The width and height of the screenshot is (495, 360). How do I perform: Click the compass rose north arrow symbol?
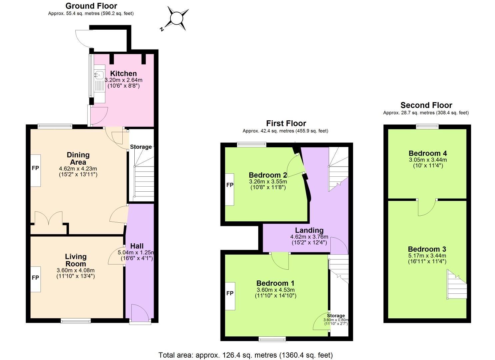tap(176, 18)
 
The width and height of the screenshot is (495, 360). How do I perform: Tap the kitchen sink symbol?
tap(99, 75)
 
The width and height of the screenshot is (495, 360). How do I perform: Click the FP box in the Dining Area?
tap(36, 170)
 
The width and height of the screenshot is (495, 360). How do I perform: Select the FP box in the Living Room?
tap(36, 279)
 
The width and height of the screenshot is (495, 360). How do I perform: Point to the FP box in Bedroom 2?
tap(230, 189)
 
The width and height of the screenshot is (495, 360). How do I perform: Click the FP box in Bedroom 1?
tap(230, 296)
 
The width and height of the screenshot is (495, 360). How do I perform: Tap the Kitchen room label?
tap(123, 73)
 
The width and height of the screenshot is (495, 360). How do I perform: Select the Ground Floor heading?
tap(91, 6)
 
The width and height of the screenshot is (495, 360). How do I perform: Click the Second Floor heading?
tap(426, 105)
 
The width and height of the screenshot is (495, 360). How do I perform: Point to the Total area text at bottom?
tap(245, 355)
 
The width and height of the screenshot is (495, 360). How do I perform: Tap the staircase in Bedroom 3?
tap(457, 285)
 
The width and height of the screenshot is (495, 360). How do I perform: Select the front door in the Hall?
tap(140, 313)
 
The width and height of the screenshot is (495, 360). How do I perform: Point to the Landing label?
tap(309, 230)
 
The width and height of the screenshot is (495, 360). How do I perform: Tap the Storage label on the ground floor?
tap(141, 147)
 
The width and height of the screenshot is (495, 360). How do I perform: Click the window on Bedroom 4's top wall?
tap(427, 126)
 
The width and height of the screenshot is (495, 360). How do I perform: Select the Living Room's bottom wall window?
tap(76, 321)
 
